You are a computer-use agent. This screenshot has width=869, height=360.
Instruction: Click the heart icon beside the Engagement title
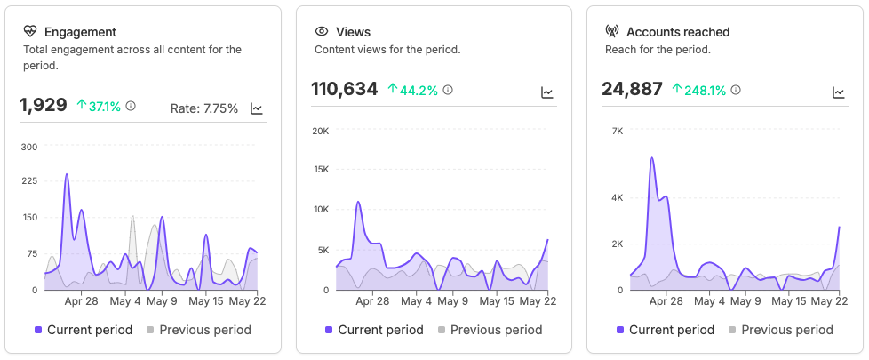30,32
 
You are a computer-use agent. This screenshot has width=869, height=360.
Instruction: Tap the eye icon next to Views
322,32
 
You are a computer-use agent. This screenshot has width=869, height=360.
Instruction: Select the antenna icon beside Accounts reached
612,32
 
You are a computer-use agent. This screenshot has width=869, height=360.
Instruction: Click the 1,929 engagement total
44,105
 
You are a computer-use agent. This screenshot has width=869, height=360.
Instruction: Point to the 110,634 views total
345,89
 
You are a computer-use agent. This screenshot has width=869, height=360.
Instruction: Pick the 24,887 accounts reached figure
633,89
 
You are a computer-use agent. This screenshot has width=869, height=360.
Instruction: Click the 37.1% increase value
100,106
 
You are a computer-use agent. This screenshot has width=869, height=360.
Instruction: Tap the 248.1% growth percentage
699,90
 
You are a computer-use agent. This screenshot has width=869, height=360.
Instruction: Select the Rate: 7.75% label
204,108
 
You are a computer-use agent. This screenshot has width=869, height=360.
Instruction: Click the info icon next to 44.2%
448,90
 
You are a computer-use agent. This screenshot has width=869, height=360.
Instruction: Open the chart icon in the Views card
547,92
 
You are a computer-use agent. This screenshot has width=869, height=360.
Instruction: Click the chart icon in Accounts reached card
839,92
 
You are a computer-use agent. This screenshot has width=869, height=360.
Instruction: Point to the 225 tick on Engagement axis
28,180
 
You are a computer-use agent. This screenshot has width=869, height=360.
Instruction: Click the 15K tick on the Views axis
321,169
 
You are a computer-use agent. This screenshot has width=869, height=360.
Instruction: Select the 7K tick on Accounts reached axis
618,131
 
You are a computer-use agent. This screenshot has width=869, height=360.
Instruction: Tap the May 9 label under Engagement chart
162,301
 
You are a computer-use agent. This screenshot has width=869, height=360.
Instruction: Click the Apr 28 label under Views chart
372,301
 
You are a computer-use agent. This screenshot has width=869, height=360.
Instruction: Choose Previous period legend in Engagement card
199,330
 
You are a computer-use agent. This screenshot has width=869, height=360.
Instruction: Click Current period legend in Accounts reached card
665,330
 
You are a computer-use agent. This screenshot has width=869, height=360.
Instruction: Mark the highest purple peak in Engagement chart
67,174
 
